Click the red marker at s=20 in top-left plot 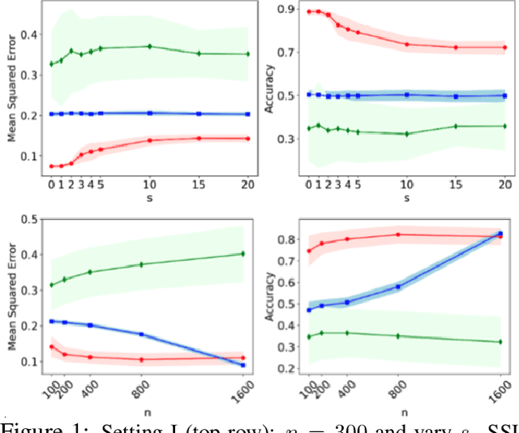(247, 139)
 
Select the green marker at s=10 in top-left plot (149, 46)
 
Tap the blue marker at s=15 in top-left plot (199, 114)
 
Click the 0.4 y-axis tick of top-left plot (28, 34)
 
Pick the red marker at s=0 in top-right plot (308, 12)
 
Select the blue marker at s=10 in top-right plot (406, 95)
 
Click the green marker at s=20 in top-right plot (504, 126)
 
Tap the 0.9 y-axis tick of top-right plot (285, 10)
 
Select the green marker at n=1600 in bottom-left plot (242, 254)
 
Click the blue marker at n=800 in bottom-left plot (142, 334)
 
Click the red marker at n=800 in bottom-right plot (398, 234)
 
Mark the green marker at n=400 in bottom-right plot (346, 332)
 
